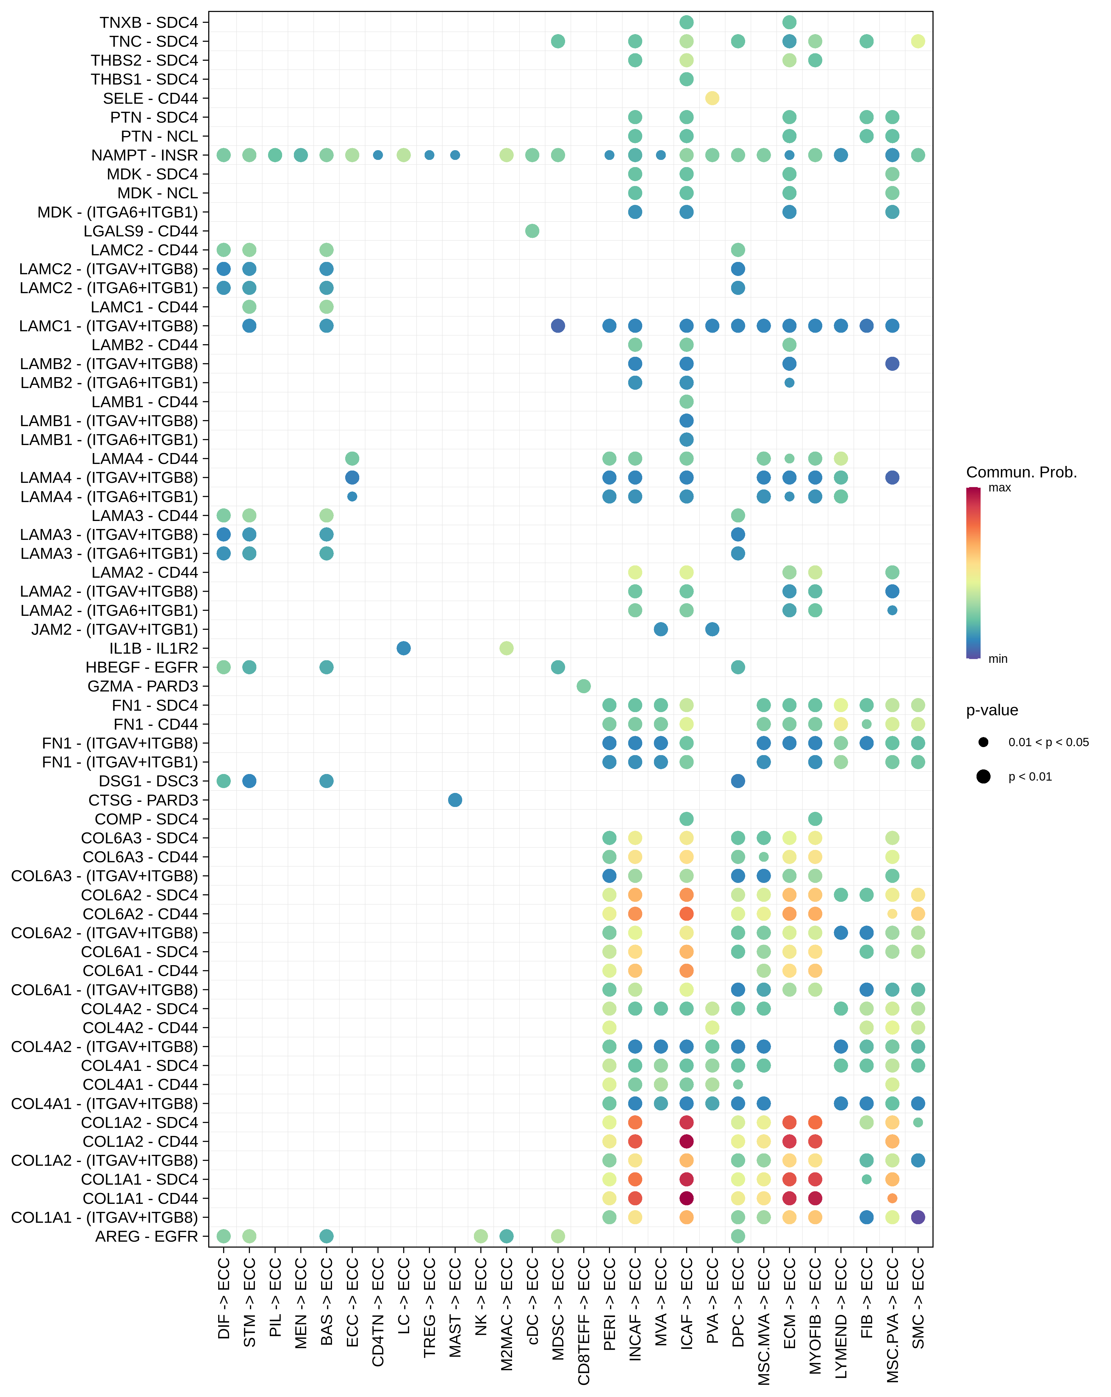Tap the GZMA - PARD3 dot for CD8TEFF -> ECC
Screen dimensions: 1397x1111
pyautogui.click(x=583, y=686)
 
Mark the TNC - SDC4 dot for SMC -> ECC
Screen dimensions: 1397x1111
pyautogui.click(x=918, y=42)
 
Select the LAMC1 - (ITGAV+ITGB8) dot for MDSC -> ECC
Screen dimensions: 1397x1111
pyautogui.click(x=557, y=326)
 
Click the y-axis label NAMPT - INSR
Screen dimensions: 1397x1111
pyautogui.click(x=145, y=156)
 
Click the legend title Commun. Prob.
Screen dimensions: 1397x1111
pyautogui.click(x=1021, y=472)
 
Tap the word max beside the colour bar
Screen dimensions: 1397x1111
pyautogui.click(x=999, y=488)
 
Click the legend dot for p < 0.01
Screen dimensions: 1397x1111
pyautogui.click(x=983, y=776)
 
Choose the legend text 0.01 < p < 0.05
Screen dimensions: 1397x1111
pyautogui.click(x=1048, y=742)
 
